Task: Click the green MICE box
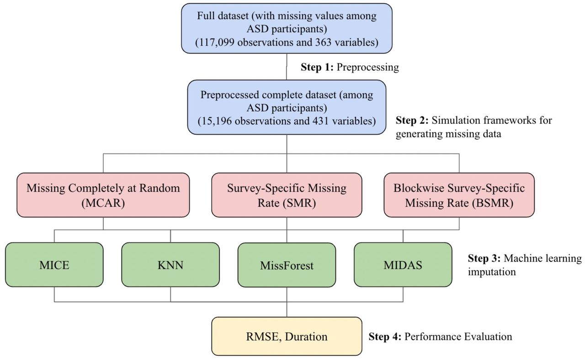point(54,265)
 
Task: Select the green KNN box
point(170,265)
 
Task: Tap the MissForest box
point(287,265)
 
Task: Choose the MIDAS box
point(403,265)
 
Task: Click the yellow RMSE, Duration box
point(287,336)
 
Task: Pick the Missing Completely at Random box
point(103,195)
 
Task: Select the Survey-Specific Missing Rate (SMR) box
point(287,195)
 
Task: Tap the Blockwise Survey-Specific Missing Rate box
point(459,195)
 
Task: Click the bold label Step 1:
point(317,67)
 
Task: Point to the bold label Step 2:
point(412,120)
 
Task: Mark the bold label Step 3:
point(484,258)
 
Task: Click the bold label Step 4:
point(385,337)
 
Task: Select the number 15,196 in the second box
point(217,121)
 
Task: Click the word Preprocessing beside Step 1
point(368,67)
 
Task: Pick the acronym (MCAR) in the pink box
point(103,203)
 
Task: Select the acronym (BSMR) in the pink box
point(493,203)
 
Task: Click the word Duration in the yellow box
point(306,337)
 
